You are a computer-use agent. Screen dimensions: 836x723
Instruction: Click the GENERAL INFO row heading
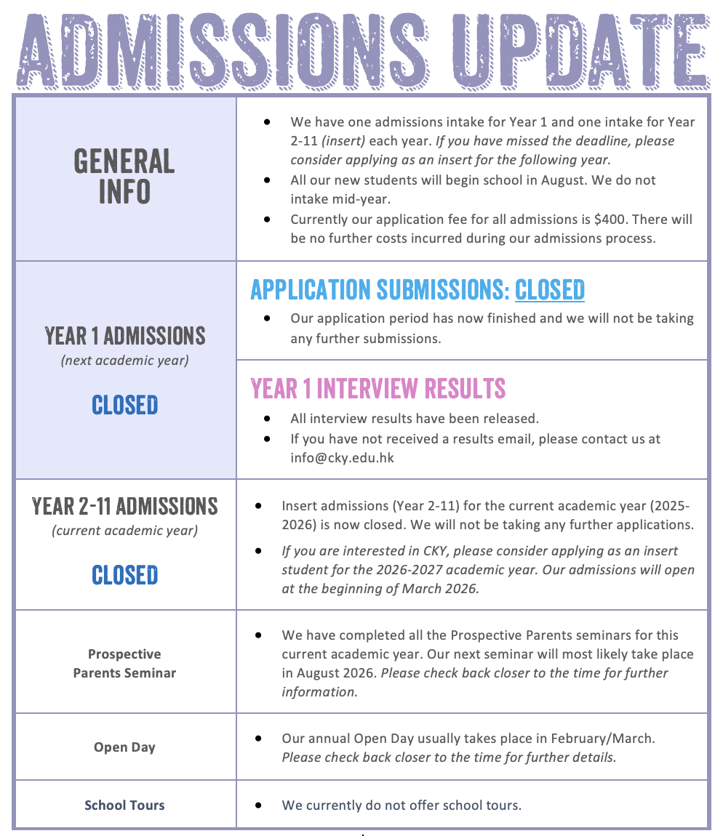click(x=124, y=176)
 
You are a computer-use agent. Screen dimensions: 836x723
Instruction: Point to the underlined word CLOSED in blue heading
click(x=549, y=289)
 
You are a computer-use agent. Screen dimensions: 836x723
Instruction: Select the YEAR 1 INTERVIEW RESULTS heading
click(x=378, y=388)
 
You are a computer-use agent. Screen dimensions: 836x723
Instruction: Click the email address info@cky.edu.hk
click(x=342, y=459)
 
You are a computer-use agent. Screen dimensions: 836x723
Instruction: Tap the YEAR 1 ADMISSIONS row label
click(x=124, y=336)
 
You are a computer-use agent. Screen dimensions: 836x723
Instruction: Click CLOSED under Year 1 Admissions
click(x=124, y=405)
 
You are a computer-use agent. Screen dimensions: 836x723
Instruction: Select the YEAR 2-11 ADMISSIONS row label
click(x=124, y=506)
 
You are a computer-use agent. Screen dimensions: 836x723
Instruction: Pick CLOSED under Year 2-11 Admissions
click(x=124, y=575)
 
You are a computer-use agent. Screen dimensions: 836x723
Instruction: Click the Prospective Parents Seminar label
click(x=124, y=664)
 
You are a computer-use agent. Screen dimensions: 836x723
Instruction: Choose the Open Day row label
click(x=124, y=747)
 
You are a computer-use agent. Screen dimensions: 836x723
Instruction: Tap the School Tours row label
click(x=124, y=805)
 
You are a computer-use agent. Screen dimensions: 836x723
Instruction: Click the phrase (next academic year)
click(x=124, y=361)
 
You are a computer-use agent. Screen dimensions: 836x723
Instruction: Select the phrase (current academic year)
click(x=124, y=531)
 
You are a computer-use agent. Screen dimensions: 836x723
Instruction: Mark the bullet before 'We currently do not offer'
click(x=259, y=805)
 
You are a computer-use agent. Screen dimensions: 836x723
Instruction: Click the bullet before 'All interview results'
click(x=268, y=419)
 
